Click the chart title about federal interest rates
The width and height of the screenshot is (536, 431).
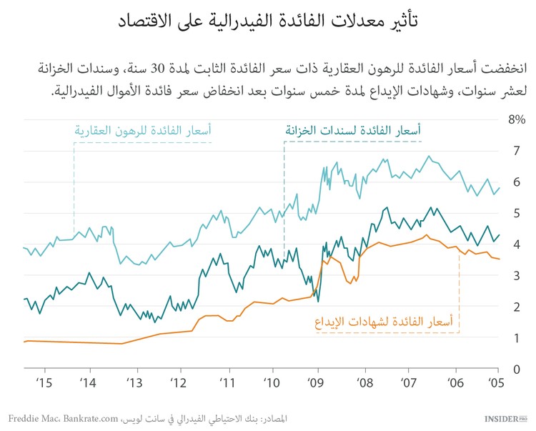(x=268, y=21)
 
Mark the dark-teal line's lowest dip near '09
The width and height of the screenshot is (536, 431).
(x=318, y=299)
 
